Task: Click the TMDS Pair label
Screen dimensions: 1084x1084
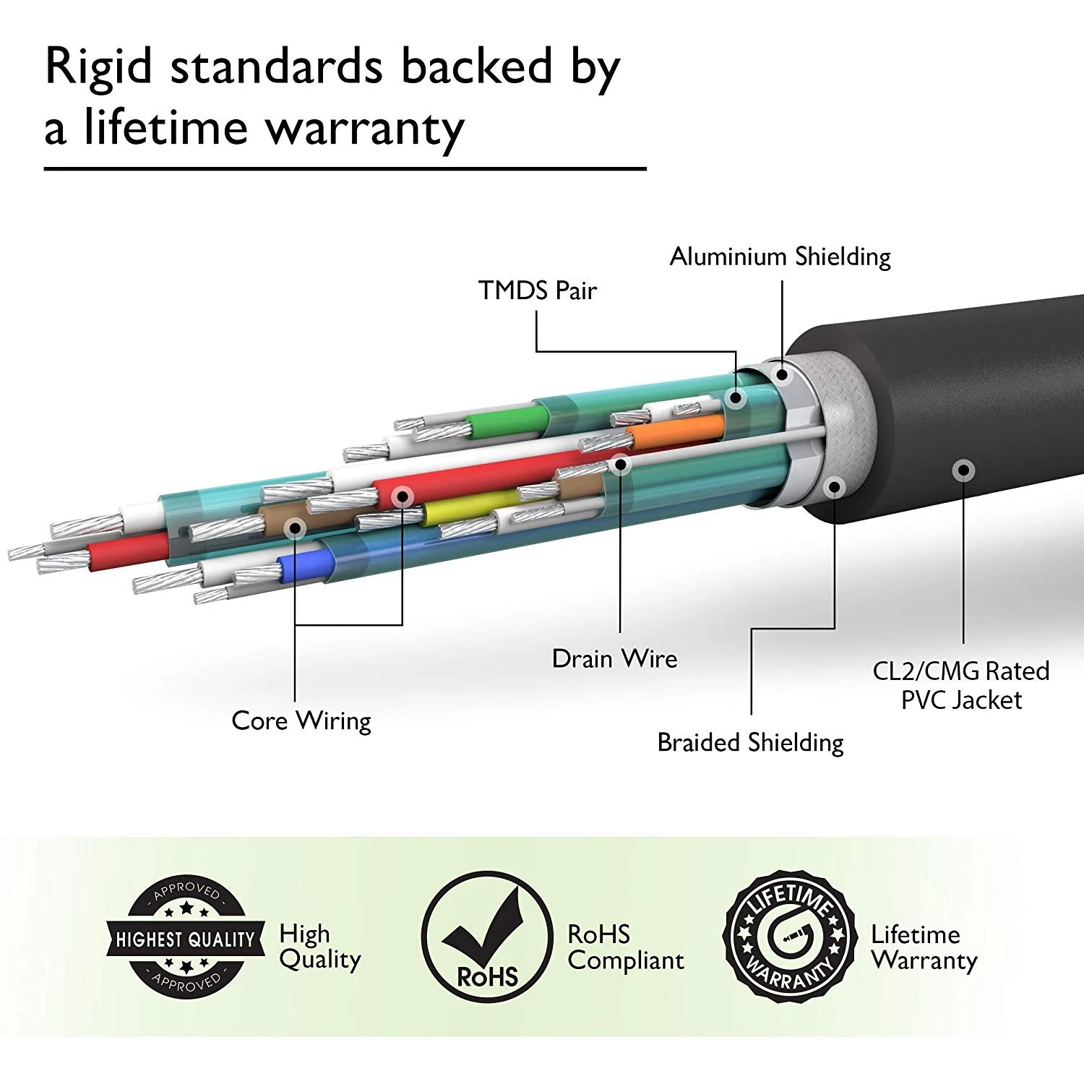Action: [537, 291]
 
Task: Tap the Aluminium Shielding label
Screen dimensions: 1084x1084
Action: [780, 257]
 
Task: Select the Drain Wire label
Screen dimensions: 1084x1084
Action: [614, 658]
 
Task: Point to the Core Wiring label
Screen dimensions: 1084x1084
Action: [301, 720]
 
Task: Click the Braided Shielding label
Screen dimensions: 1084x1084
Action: [750, 743]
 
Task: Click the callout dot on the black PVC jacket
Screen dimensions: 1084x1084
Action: [962, 470]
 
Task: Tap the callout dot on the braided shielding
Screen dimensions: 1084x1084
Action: [835, 486]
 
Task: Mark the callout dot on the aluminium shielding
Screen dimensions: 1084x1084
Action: [781, 374]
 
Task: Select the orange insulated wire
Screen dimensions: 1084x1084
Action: [676, 432]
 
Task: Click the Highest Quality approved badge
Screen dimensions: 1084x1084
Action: [186, 939]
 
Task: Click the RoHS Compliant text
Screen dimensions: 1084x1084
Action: [625, 947]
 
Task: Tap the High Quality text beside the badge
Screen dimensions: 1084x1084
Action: [319, 947]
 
